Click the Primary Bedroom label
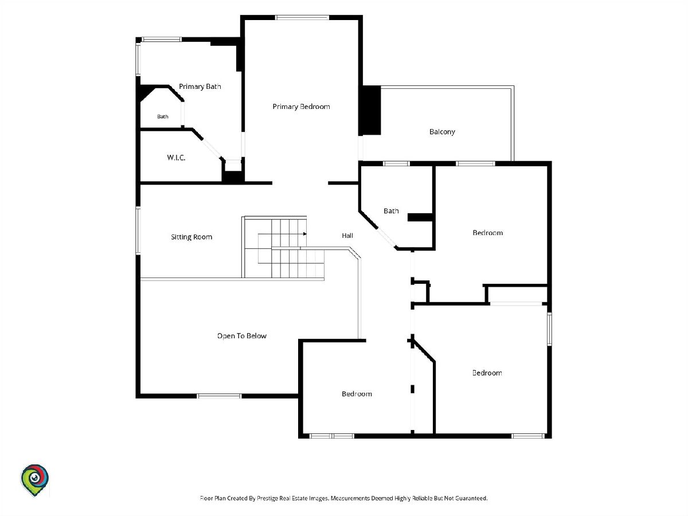pyautogui.click(x=301, y=107)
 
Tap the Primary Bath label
pyautogui.click(x=200, y=87)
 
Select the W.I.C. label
pyautogui.click(x=176, y=157)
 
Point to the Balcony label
pyautogui.click(x=442, y=132)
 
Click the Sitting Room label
pyautogui.click(x=191, y=237)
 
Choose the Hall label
pyautogui.click(x=347, y=236)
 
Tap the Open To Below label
pyautogui.click(x=242, y=336)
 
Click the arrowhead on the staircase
pyautogui.click(x=304, y=234)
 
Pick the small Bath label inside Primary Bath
pyautogui.click(x=163, y=116)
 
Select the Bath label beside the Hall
pyautogui.click(x=391, y=211)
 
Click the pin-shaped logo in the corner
pyautogui.click(x=34, y=480)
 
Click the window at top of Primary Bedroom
pyautogui.click(x=302, y=18)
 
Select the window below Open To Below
pyautogui.click(x=219, y=396)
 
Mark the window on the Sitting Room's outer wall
pyautogui.click(x=138, y=230)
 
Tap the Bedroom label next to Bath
pyautogui.click(x=488, y=233)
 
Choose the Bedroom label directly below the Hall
pyautogui.click(x=357, y=394)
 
